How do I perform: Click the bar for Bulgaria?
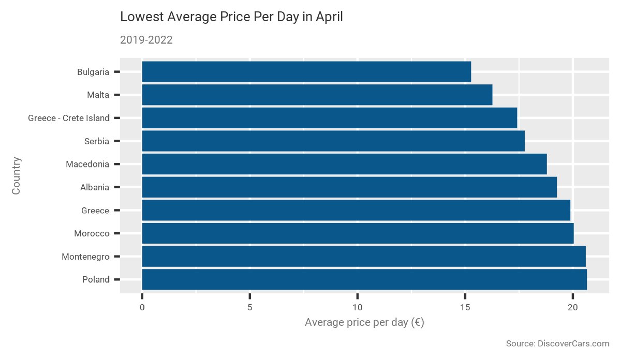tap(306, 72)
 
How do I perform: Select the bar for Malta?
tap(317, 95)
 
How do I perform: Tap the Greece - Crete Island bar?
tap(329, 118)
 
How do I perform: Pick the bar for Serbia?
tap(333, 141)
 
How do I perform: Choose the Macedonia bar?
tap(344, 164)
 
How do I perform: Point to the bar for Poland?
tap(364, 279)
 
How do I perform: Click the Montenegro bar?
tap(364, 257)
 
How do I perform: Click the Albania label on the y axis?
tap(94, 187)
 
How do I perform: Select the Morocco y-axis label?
tap(92, 233)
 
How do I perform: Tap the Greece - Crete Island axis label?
tap(69, 118)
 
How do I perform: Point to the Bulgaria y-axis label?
tap(93, 72)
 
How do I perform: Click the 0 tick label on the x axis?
tap(142, 307)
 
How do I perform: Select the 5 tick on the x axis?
tap(249, 307)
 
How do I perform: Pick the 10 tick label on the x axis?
tap(357, 307)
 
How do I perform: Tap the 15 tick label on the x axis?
tap(465, 307)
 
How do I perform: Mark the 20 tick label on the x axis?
tap(573, 307)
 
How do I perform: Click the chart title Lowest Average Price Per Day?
tap(231, 17)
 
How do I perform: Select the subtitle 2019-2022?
tap(146, 40)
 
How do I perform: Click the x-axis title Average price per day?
tap(364, 323)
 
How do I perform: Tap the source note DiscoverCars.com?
tap(557, 343)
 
